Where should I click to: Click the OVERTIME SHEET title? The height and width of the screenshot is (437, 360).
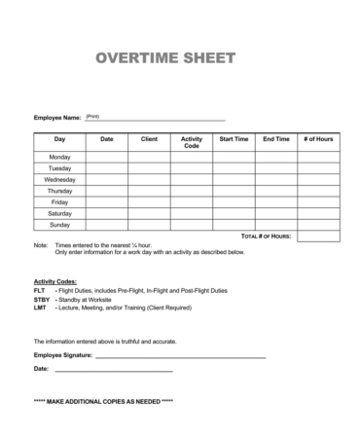165,58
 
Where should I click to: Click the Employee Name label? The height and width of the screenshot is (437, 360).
57,118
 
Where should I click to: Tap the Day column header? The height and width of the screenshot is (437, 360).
59,139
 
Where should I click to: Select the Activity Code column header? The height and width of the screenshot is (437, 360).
192,142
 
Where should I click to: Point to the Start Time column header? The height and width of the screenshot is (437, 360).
234,139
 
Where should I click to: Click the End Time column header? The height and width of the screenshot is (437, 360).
276,139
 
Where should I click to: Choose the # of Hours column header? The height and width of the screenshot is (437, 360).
318,139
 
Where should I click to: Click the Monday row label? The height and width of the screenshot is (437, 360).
59,157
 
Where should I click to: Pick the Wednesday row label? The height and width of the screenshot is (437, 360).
59,180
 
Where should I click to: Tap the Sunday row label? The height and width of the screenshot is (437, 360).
59,225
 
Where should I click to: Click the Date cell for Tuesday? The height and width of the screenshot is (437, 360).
107,168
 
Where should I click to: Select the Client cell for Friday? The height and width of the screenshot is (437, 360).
149,202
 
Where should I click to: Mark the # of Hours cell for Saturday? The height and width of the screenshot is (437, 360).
318,213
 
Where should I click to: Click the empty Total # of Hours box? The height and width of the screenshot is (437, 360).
318,237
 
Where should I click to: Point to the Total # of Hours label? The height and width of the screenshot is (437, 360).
266,237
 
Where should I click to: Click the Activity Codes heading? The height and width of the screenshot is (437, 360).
55,280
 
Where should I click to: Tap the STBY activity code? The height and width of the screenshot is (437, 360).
41,300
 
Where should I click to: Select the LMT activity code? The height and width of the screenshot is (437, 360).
40,309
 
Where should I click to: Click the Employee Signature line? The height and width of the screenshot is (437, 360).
180,356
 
